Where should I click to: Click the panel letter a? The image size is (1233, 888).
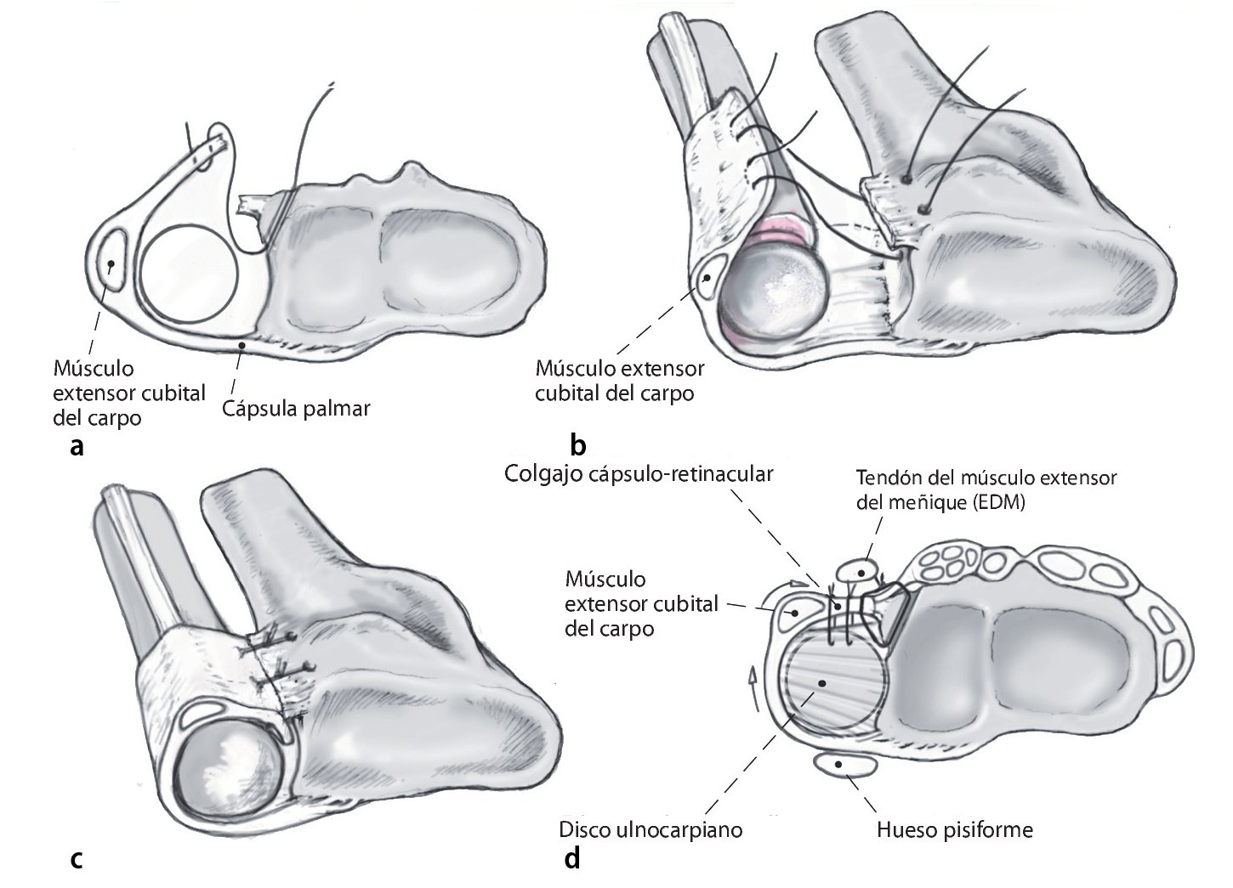[x=77, y=446]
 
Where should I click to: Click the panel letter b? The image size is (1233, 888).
[x=579, y=444]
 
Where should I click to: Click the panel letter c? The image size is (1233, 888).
[x=77, y=859]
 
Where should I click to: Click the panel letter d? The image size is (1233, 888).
[x=572, y=859]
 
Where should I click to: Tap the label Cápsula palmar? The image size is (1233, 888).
[x=297, y=408]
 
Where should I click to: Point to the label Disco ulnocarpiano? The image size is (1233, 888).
[x=651, y=829]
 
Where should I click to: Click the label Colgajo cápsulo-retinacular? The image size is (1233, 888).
[x=639, y=473]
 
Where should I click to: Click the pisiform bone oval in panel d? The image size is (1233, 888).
[x=845, y=766]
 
